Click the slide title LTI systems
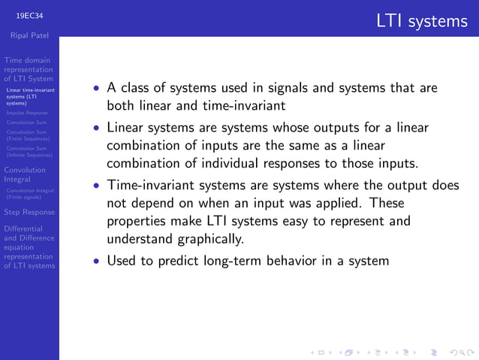click(422, 21)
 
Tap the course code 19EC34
click(29, 14)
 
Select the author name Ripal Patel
click(29, 34)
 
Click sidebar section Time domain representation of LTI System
click(29, 69)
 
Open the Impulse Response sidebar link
click(26, 113)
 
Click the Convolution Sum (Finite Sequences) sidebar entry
click(28, 135)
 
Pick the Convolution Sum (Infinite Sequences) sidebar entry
click(29, 152)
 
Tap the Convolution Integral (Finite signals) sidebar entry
click(29, 194)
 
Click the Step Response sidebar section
click(29, 212)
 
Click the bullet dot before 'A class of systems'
click(95, 88)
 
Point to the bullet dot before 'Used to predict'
click(95, 262)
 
